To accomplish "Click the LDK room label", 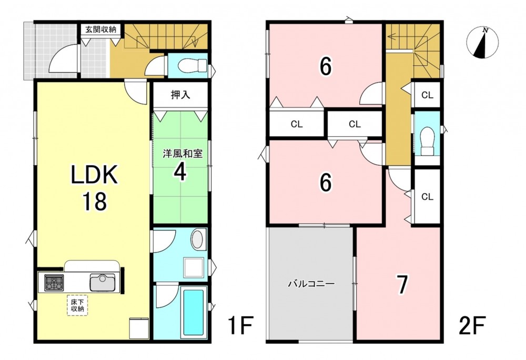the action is (x=94, y=174).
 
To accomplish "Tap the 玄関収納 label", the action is (x=100, y=29).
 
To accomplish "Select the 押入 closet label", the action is (x=180, y=95).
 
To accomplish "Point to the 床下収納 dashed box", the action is (x=77, y=305).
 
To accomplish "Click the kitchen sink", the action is (x=103, y=282).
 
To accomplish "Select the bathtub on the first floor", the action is (x=193, y=312).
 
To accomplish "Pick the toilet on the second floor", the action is (x=427, y=141).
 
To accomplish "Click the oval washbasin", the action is (x=199, y=239).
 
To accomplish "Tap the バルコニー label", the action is (x=311, y=284).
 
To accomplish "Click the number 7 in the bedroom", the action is (x=402, y=285).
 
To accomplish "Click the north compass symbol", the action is (x=482, y=43).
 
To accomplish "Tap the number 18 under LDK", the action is (x=95, y=202).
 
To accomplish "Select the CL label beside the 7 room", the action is (x=427, y=197).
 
